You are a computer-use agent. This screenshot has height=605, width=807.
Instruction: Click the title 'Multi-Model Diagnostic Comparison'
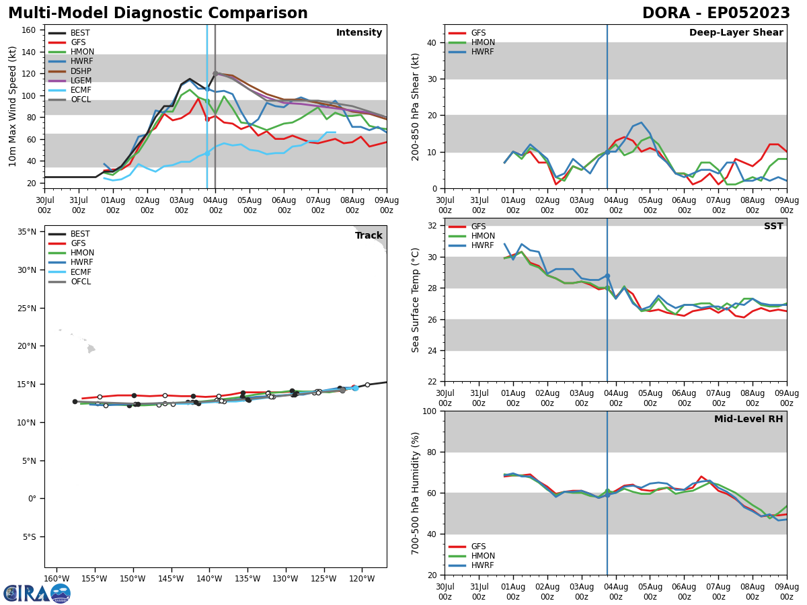click(158, 13)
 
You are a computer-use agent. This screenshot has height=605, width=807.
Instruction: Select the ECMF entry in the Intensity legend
click(81, 90)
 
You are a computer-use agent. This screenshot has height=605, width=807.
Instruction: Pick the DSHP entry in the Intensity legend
click(81, 71)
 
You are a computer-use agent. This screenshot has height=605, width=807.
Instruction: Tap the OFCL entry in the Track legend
click(81, 282)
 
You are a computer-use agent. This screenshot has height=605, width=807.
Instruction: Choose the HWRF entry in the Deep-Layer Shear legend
click(482, 52)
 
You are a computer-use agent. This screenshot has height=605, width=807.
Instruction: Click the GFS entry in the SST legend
click(479, 227)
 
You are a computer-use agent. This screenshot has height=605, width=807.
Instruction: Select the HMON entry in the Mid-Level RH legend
click(482, 556)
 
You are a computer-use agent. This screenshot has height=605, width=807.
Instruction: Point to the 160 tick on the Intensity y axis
click(30, 30)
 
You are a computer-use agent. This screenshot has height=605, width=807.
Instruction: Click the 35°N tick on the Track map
click(27, 233)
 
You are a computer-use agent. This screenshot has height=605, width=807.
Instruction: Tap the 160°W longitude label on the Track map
click(56, 579)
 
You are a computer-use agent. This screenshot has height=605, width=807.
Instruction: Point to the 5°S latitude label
click(28, 537)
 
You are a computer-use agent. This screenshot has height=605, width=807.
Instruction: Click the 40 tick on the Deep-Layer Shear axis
click(431, 42)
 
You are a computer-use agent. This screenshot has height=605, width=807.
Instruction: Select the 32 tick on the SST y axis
click(431, 226)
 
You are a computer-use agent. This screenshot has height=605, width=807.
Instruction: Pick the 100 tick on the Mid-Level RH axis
click(428, 411)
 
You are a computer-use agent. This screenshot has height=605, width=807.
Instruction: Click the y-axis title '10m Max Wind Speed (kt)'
click(13, 106)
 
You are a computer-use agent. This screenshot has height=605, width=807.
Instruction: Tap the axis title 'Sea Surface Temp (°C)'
click(416, 300)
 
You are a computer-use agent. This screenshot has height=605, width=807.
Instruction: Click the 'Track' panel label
click(369, 236)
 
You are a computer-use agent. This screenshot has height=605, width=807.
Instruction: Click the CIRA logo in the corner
click(37, 594)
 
